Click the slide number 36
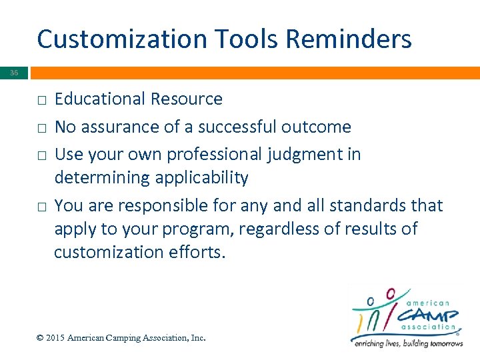15,73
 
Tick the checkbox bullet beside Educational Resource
41,100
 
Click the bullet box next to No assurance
41,127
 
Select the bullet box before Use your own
41,155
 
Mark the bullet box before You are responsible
41,207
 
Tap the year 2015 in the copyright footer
55,338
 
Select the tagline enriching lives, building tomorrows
407,343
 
